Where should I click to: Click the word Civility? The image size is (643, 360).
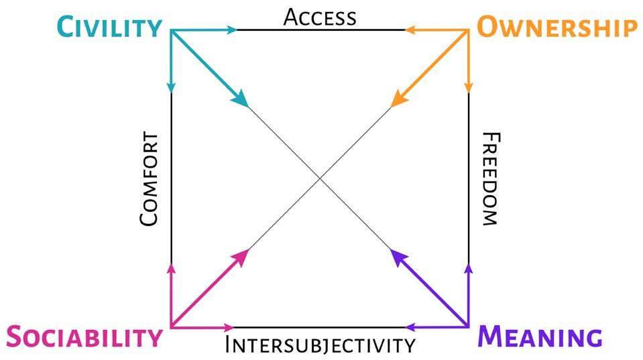click(109, 27)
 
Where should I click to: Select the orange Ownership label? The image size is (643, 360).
click(556, 27)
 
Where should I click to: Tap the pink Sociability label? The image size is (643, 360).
click(84, 337)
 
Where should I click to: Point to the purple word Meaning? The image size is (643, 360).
click(540, 337)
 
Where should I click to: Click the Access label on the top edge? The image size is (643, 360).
click(320, 17)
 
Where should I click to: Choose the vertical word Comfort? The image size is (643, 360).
click(150, 179)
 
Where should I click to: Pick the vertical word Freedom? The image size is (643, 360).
click(490, 179)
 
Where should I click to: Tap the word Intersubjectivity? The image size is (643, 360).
click(320, 345)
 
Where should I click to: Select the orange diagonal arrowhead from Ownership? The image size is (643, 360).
click(399, 99)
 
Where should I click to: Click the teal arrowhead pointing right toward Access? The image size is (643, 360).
click(233, 29)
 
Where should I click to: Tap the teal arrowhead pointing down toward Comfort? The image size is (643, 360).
click(171, 87)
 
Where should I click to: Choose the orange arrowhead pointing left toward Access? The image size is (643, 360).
click(410, 29)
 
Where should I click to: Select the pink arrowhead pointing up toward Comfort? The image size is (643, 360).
click(171, 269)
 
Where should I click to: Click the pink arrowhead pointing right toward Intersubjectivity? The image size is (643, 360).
click(228, 327)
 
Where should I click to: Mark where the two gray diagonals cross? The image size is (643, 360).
click(320, 178)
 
